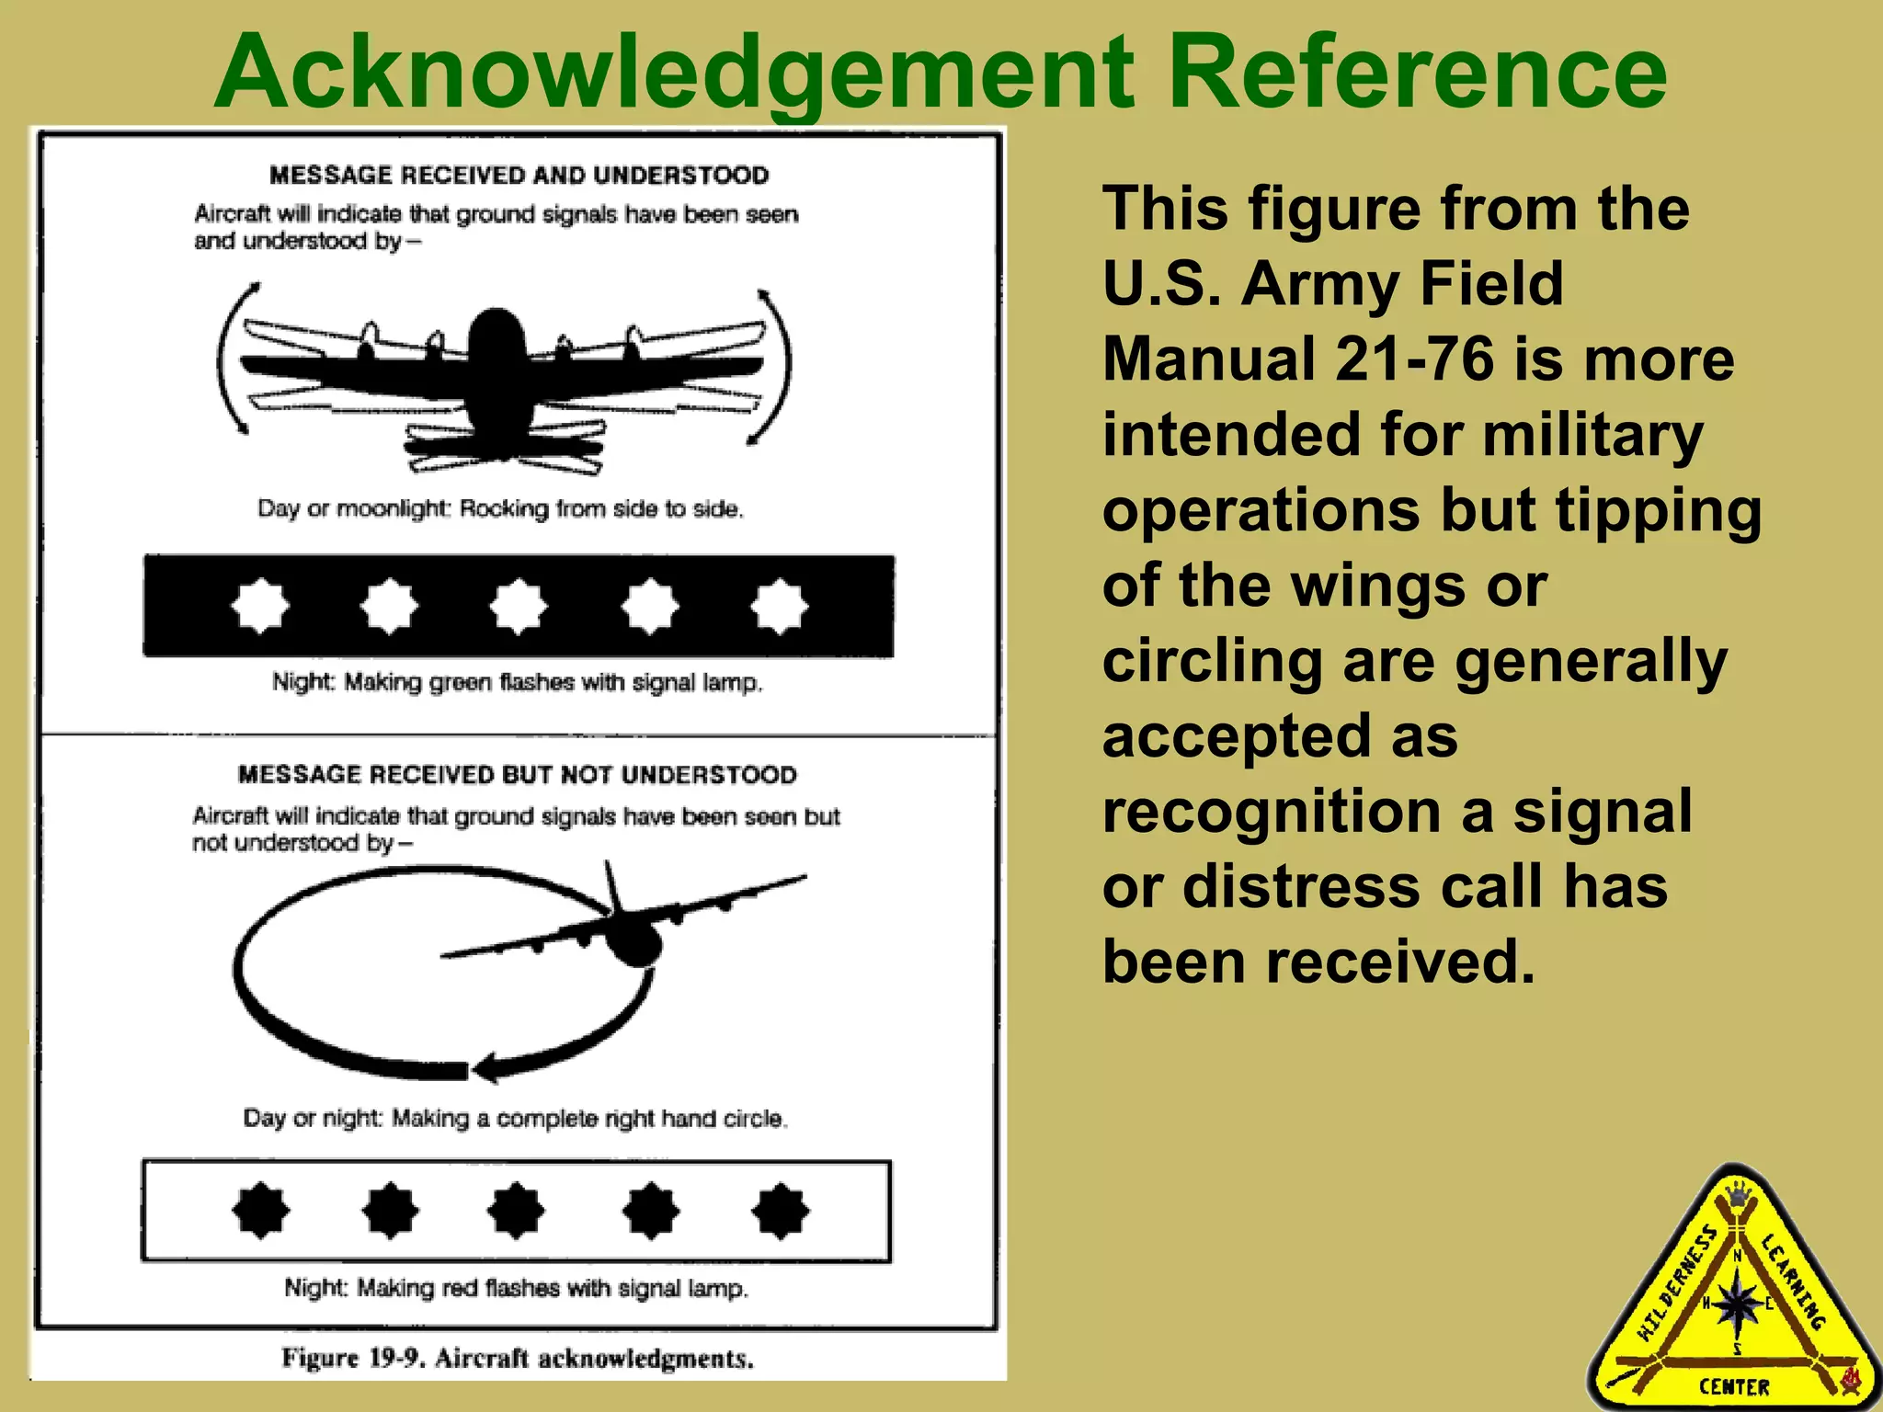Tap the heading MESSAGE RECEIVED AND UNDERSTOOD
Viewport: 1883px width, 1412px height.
point(519,175)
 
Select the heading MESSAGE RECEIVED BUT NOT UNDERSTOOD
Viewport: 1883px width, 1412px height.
point(517,775)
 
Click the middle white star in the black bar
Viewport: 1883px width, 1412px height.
point(519,607)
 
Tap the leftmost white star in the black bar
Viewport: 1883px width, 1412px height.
point(260,607)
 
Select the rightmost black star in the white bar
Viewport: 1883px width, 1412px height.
point(780,1211)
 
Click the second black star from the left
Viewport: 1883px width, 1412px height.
point(390,1211)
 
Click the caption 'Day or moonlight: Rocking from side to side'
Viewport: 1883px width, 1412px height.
point(500,508)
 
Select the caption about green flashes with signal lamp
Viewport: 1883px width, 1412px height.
point(517,682)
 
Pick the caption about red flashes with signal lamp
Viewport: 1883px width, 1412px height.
point(516,1288)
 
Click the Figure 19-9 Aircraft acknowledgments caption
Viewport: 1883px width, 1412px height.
point(518,1358)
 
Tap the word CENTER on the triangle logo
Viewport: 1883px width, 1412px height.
point(1733,1386)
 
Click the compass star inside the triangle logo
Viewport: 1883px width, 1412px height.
point(1737,1304)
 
